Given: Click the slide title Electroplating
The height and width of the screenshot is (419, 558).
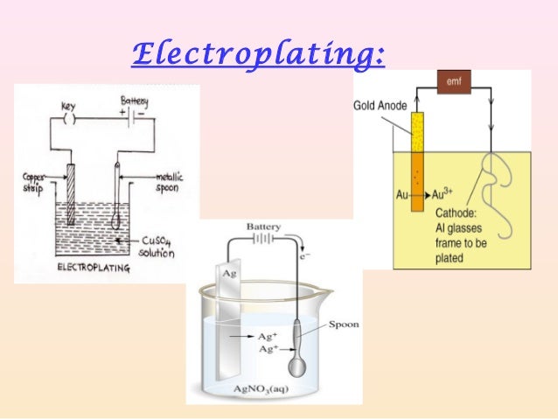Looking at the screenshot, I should click(x=257, y=56).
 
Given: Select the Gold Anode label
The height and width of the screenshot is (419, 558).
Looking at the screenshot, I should click(x=380, y=105).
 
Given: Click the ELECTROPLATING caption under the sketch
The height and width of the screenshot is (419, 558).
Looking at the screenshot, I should click(x=92, y=269).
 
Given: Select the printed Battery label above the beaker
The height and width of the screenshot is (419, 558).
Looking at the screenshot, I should click(x=263, y=227).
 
